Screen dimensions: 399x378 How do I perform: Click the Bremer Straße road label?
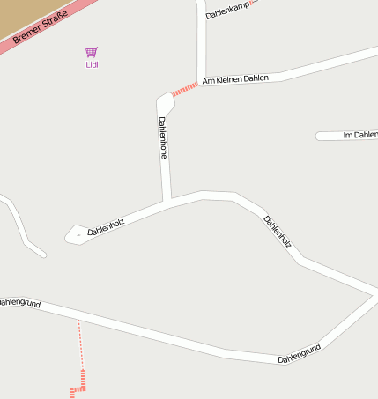coord(41,26)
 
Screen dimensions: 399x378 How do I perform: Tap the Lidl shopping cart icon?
coord(92,53)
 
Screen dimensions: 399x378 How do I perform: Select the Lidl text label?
coord(92,64)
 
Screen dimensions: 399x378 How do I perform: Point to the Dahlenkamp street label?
coord(227,10)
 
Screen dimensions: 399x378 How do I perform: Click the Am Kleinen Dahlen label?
coord(235,79)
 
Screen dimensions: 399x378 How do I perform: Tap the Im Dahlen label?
coord(359,135)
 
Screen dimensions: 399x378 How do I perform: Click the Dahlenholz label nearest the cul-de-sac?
coord(106,226)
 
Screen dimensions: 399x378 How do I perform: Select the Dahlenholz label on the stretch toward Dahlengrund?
coord(278,231)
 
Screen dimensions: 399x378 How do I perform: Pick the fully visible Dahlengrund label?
coord(299,354)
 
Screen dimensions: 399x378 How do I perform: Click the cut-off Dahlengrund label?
coord(19,302)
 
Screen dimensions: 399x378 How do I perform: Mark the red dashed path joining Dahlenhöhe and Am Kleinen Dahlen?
coord(185,89)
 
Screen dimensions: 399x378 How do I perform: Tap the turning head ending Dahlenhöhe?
coord(166,102)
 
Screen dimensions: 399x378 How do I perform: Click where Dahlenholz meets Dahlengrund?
coord(374,296)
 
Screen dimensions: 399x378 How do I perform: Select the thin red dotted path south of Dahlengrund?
coord(81,344)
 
